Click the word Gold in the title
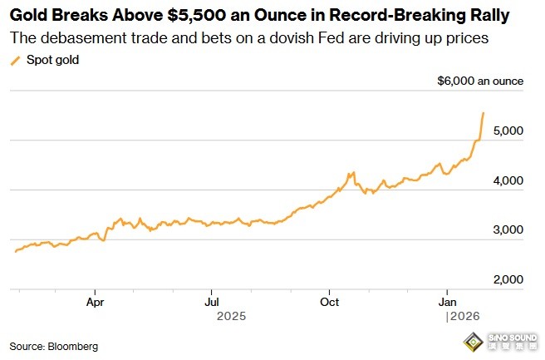(29, 16)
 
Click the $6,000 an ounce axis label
(480, 81)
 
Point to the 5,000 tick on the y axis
(506, 131)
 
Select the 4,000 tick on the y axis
(506, 181)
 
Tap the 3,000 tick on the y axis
(506, 230)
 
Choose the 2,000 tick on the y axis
(506, 280)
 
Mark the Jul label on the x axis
(212, 301)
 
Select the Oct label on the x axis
(330, 301)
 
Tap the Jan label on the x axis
(447, 301)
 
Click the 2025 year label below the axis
(232, 317)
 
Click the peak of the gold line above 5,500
(484, 112)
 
